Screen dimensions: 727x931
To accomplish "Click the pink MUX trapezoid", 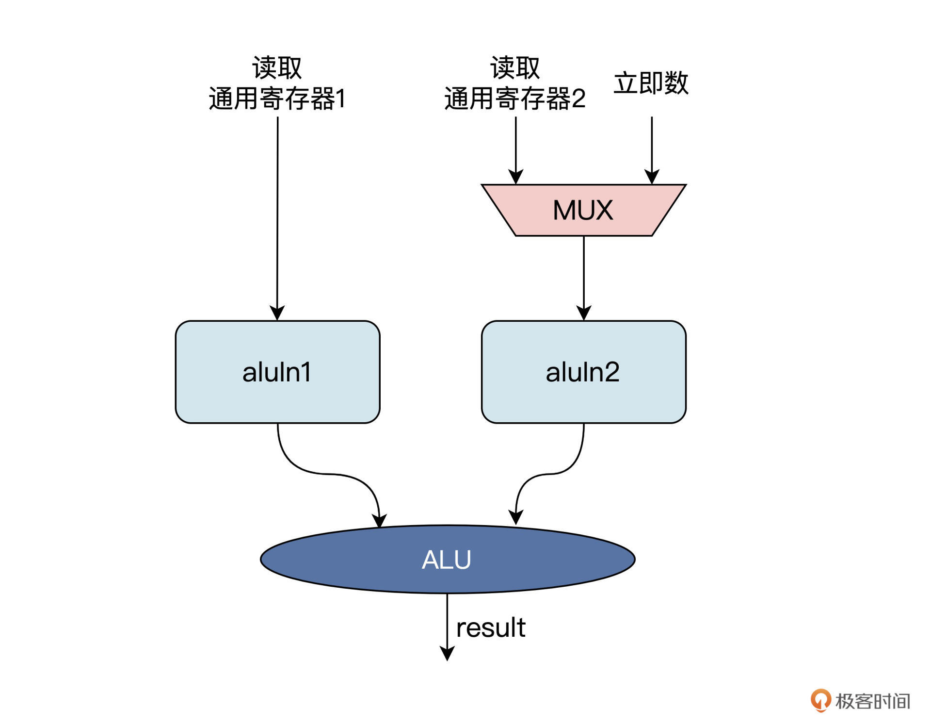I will (x=583, y=210).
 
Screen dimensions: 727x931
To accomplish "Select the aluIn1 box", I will (x=277, y=372).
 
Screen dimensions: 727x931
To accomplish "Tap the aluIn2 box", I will (x=583, y=372).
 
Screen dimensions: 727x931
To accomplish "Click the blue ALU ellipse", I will (x=447, y=559).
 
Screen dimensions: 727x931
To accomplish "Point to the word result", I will (x=491, y=628).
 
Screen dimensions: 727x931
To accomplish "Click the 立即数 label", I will (x=651, y=83).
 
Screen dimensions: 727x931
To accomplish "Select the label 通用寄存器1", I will (x=277, y=99).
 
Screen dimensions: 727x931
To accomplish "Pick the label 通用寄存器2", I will (x=515, y=99).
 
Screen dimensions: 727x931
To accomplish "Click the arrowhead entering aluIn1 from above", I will (x=277, y=313).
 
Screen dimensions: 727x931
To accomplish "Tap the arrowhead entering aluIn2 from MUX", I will (x=584, y=313).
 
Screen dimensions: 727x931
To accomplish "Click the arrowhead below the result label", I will (x=447, y=653).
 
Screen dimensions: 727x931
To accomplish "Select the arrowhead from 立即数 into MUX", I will (x=652, y=177).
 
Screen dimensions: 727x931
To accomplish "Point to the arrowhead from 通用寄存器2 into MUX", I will (x=516, y=177).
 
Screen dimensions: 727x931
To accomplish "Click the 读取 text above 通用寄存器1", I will (x=277, y=67).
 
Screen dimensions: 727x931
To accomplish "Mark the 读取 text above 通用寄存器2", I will (x=515, y=67).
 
